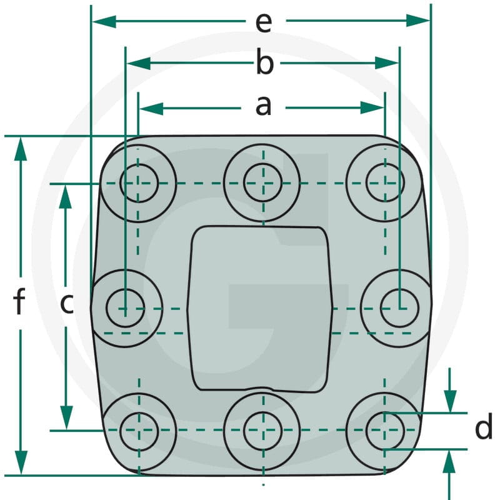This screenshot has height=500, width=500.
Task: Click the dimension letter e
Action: pos(264,23)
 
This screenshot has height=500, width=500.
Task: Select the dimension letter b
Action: pos(265,62)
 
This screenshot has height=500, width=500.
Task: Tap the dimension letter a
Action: pos(263,106)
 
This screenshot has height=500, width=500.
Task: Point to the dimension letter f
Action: pos(19,301)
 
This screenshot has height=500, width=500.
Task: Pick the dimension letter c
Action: pos(67,304)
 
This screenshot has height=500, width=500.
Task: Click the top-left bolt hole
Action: pos(139,183)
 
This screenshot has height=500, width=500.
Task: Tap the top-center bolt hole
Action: pos(262,182)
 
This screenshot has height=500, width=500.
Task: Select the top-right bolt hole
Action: pos(385,182)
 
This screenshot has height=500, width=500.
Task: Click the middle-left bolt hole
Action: pos(125,308)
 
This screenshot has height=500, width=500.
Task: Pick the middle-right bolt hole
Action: pos(399,308)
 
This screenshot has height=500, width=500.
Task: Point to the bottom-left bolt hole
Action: pos(139,431)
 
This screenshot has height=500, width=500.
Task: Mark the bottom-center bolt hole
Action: pos(262,431)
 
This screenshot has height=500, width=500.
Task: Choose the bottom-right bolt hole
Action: pos(385,431)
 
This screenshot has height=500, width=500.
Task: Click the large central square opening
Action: pos(260,309)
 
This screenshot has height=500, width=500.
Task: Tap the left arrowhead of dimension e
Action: pos(104,21)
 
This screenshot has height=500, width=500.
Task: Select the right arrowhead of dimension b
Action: pos(387,63)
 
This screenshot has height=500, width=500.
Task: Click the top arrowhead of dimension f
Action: pos(21,149)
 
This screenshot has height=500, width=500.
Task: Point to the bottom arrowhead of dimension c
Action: pos(66,417)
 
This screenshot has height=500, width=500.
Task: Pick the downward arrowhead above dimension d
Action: pos(450,401)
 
